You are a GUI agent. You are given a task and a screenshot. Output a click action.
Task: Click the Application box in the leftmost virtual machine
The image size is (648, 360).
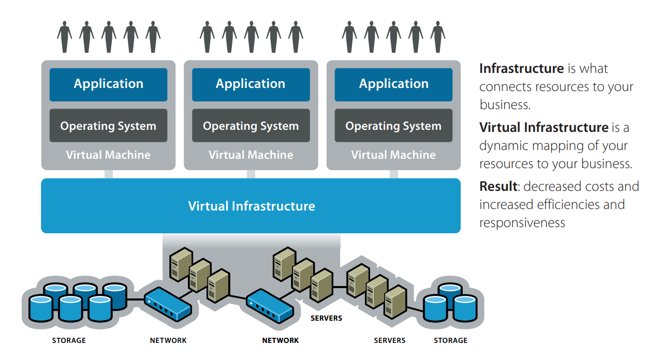pyautogui.click(x=108, y=84)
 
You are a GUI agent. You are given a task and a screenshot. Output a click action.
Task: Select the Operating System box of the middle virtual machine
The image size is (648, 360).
pyautogui.click(x=251, y=126)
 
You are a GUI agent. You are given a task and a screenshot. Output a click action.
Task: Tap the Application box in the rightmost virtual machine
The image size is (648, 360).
pyautogui.click(x=393, y=84)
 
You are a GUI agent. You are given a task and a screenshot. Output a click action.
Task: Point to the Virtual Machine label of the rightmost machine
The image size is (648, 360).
pyautogui.click(x=393, y=155)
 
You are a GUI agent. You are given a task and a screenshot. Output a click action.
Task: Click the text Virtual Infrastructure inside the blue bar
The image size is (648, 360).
pyautogui.click(x=252, y=206)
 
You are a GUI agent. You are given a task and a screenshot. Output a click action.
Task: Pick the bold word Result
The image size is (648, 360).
pyautogui.click(x=498, y=186)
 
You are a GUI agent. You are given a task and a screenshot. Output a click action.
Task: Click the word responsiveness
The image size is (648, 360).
pyautogui.click(x=522, y=222)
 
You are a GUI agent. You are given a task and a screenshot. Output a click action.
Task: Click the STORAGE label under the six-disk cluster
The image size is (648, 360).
pyautogui.click(x=69, y=340)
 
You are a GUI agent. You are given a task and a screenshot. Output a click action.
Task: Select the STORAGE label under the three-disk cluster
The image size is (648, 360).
pyautogui.click(x=450, y=340)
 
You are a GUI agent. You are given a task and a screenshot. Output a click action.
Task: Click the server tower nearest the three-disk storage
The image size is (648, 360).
pyautogui.click(x=394, y=302)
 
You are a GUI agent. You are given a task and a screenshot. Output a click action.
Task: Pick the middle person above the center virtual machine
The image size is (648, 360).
pyautogui.click(x=251, y=37)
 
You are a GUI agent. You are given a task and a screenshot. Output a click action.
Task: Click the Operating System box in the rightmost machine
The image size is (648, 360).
pyautogui.click(x=393, y=126)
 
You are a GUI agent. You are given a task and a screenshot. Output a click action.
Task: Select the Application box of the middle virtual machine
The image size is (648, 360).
pyautogui.click(x=251, y=84)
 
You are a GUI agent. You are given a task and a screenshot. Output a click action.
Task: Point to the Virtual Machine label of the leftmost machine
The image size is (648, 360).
pyautogui.click(x=108, y=155)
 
